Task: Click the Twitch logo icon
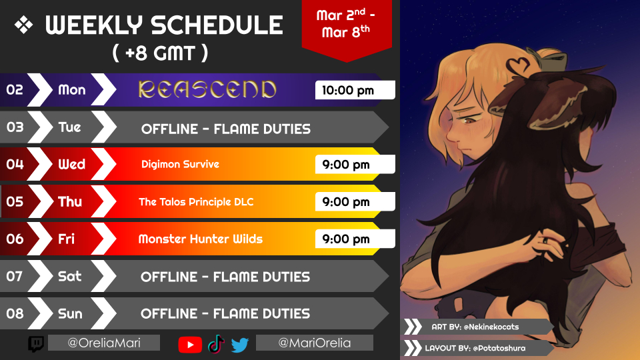[x=36, y=344]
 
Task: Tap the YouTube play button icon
[x=190, y=345]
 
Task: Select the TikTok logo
[x=216, y=344]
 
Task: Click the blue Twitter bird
[x=239, y=345]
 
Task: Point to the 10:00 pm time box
[x=355, y=90]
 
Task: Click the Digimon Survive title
[x=180, y=164]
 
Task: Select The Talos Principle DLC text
[x=196, y=201]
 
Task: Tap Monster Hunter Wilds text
[x=201, y=239]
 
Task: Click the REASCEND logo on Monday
[x=207, y=89]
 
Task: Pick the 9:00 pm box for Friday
[x=355, y=239]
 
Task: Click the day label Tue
[x=70, y=127]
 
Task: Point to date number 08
[x=15, y=313]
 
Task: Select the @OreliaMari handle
[x=104, y=343]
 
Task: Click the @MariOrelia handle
[x=314, y=343]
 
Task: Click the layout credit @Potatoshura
[x=499, y=348]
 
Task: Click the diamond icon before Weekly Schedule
[x=24, y=25]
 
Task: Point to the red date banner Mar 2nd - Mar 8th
[x=347, y=29]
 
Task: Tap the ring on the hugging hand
[x=545, y=241]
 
